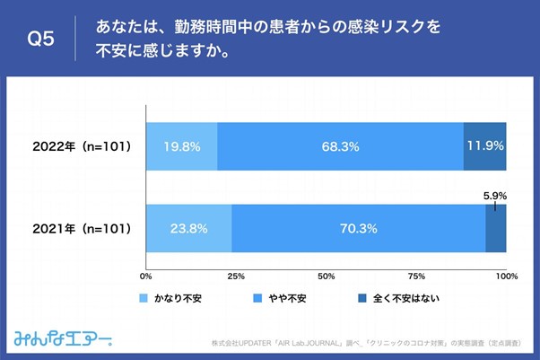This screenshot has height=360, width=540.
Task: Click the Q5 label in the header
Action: [x=40, y=40]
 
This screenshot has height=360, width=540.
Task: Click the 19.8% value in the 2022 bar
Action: [x=181, y=145]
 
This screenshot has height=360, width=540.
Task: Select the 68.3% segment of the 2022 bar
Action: [x=340, y=145]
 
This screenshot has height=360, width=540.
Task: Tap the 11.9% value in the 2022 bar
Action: [x=484, y=145]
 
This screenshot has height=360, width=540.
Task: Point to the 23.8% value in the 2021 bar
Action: [x=188, y=228]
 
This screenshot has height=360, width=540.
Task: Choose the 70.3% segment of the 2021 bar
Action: [x=358, y=228]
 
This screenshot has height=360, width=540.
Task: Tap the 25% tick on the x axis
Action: [x=237, y=276]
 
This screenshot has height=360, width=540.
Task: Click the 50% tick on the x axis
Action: [x=327, y=276]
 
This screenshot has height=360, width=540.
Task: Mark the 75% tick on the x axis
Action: [x=416, y=276]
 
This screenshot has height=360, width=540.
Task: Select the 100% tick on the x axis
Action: [x=506, y=276]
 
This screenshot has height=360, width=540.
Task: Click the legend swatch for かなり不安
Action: [x=144, y=297]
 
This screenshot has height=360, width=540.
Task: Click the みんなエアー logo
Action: [x=62, y=338]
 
